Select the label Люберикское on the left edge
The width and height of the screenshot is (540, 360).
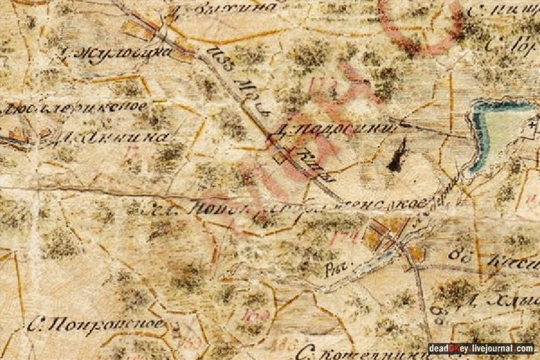tap(75, 108)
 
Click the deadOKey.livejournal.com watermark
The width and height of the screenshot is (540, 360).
tap(481, 348)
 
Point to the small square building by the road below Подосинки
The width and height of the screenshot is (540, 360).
tap(280, 158)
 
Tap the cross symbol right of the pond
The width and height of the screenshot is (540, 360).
tap(532, 126)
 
